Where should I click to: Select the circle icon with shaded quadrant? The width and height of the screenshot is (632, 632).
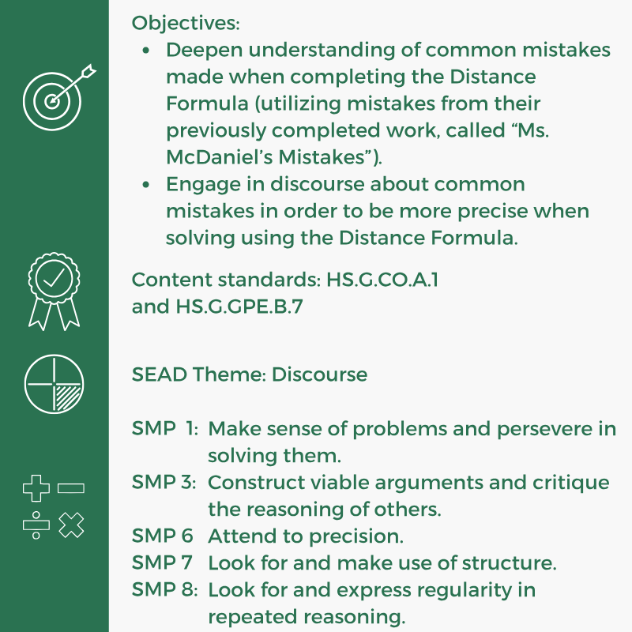pos(54,383)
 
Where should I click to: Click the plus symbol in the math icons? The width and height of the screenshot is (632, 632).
pos(36,489)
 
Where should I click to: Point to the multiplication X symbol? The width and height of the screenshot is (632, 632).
pos(72,525)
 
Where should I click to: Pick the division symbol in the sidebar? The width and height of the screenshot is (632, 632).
pos(36,525)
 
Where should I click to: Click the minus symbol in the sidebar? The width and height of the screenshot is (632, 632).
pos(71,489)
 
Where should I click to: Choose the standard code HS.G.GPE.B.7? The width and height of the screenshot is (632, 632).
pos(239,307)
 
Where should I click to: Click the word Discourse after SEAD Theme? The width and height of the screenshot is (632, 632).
pos(319,374)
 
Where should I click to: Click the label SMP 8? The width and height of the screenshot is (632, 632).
pos(164,589)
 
